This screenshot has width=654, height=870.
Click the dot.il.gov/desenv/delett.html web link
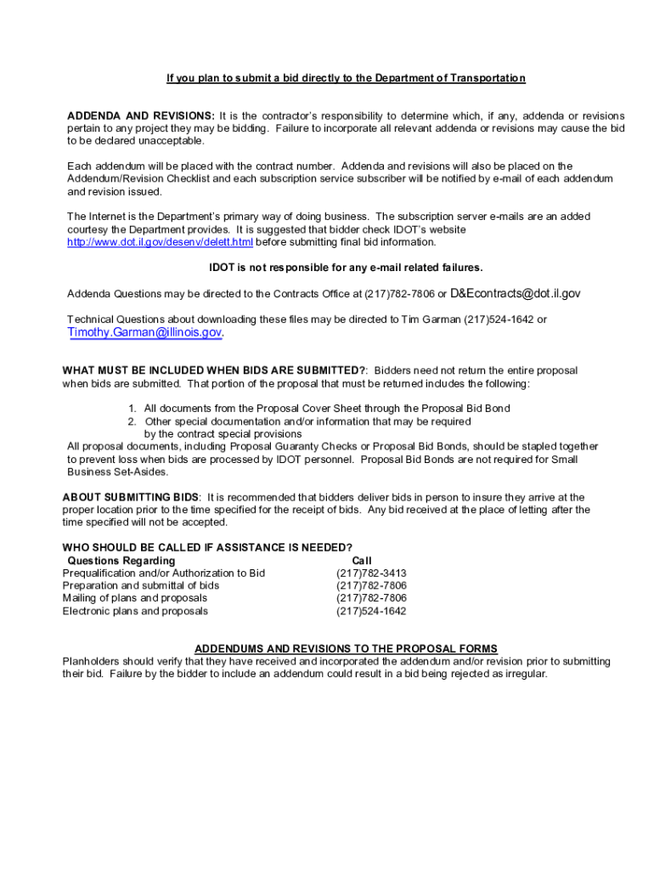pyautogui.click(x=161, y=242)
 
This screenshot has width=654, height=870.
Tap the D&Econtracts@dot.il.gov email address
pyautogui.click(x=516, y=294)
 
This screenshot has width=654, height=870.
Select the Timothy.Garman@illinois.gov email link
pyautogui.click(x=144, y=332)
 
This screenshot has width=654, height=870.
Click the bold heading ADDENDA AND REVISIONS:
pyautogui.click(x=141, y=116)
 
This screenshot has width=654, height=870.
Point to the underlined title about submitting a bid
pyautogui.click(x=346, y=78)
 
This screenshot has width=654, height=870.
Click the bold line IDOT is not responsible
pyautogui.click(x=346, y=268)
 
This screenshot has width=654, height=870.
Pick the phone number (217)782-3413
pyautogui.click(x=371, y=573)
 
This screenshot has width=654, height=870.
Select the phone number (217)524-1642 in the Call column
pyautogui.click(x=371, y=611)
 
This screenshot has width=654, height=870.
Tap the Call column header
pyautogui.click(x=362, y=561)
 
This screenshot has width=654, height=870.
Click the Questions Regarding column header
pyautogui.click(x=121, y=561)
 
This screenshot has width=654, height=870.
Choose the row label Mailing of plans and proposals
pyautogui.click(x=134, y=598)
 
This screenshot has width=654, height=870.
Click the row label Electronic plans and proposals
pyautogui.click(x=135, y=611)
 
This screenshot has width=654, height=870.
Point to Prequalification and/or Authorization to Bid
pyautogui.click(x=164, y=573)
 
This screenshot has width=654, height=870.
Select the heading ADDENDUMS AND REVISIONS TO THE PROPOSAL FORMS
pyautogui.click(x=346, y=649)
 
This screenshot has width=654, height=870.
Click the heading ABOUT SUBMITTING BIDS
pyautogui.click(x=132, y=497)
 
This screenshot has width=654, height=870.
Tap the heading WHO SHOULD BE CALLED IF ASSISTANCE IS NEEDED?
pyautogui.click(x=207, y=547)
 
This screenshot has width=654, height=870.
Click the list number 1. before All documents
pyautogui.click(x=133, y=409)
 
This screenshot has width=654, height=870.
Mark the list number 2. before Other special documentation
pyautogui.click(x=133, y=421)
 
